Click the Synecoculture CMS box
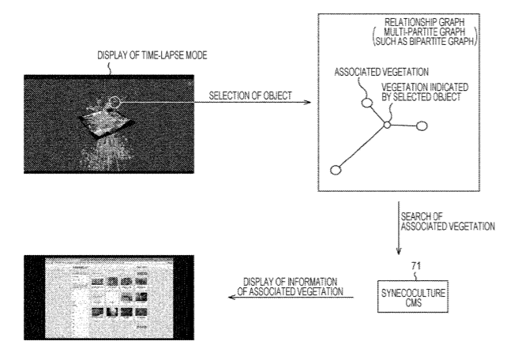tap(413, 296)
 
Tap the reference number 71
tap(415, 266)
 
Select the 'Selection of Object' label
tap(250, 96)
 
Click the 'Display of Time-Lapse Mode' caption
tap(152, 55)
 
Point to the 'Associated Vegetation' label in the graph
tap(381, 72)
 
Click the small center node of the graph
tap(387, 125)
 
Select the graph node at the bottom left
tap(336, 171)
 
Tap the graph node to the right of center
tap(422, 126)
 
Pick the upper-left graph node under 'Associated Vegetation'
tap(367, 103)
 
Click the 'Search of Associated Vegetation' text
tap(448, 222)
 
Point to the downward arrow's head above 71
tap(399, 251)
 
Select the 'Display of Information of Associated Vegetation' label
tap(290, 287)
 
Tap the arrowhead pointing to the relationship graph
tap(307, 103)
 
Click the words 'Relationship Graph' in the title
tap(424, 22)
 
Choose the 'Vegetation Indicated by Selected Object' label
tap(425, 92)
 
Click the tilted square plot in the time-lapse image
tap(106, 122)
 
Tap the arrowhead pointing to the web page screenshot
tap(232, 297)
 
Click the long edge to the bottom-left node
tap(362, 148)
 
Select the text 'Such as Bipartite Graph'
tap(425, 41)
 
